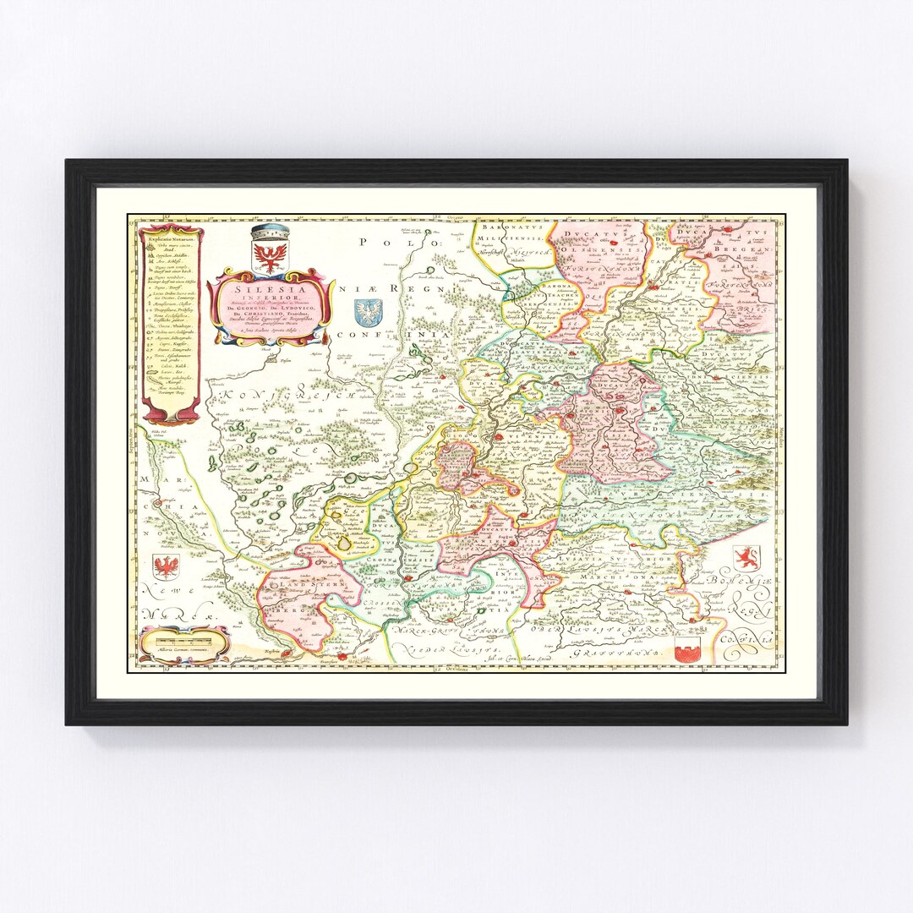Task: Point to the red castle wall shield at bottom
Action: tap(688, 649)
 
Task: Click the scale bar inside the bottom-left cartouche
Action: tap(183, 646)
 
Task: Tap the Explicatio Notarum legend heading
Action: tap(171, 239)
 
